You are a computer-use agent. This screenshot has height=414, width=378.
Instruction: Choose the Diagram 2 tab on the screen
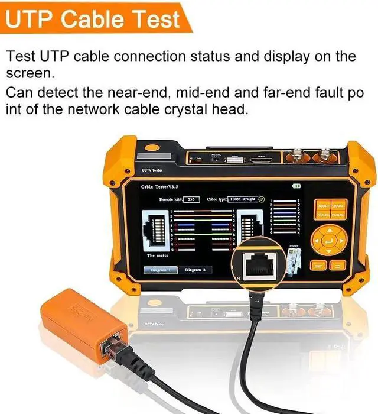point(195,270)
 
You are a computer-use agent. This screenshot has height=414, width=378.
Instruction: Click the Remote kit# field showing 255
point(190,200)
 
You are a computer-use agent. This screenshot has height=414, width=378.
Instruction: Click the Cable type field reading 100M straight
point(242,199)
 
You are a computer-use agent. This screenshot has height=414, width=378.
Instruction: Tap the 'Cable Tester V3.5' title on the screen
point(159,186)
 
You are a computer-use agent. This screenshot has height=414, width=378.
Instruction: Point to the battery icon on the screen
point(296,186)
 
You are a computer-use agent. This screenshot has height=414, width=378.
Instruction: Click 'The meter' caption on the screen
point(159,255)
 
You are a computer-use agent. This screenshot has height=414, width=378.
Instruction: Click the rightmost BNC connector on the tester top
point(325,157)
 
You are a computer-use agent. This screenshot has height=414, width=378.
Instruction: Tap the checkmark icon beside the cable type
point(262,199)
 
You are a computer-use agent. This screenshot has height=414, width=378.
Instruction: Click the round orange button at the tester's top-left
point(152,149)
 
